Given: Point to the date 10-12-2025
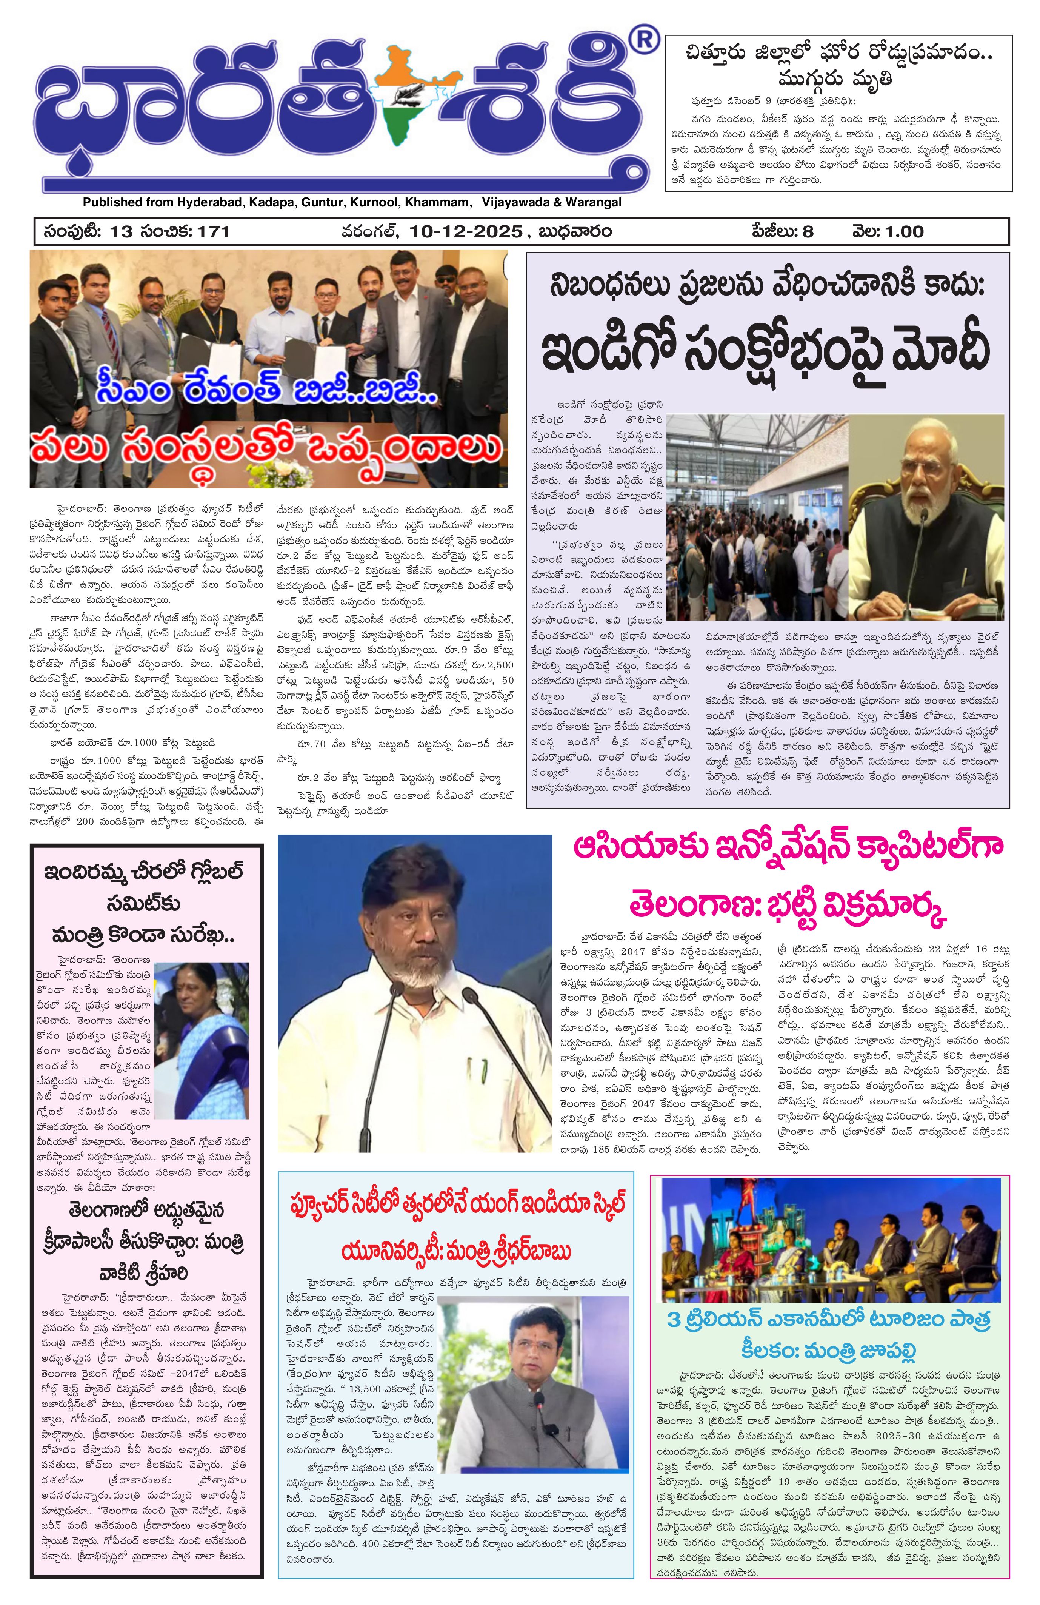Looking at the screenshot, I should pos(465,231).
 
